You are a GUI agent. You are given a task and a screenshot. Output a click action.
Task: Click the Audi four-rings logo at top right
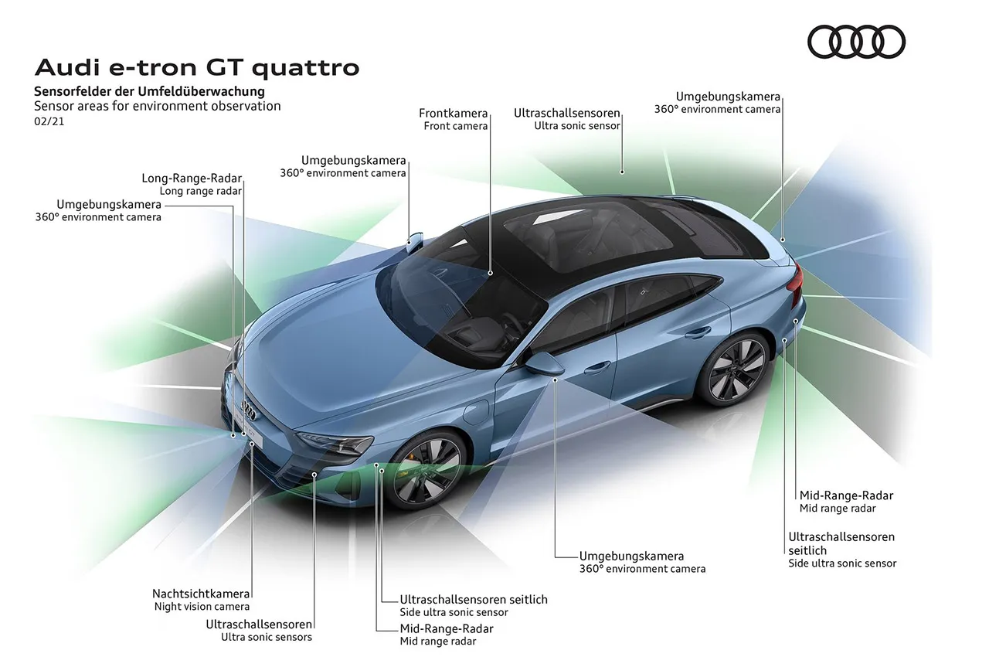pos(856,42)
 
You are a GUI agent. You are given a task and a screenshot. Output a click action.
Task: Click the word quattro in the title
pos(305,68)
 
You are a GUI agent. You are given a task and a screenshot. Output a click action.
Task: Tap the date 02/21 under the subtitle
pos(49,121)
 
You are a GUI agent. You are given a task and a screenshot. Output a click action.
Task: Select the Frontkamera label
pos(453,113)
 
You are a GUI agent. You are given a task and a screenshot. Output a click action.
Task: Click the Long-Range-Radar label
pos(192,178)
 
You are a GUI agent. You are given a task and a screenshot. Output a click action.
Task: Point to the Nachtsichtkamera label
pos(201,594)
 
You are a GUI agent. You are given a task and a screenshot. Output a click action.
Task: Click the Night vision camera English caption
pos(202,607)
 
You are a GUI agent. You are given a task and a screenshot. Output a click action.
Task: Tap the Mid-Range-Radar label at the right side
pos(846,495)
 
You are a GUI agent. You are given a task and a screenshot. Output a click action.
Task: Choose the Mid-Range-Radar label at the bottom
pos(447,628)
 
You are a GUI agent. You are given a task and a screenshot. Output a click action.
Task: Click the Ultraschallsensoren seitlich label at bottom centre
pos(474,599)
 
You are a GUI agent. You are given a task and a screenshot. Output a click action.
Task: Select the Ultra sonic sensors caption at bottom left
pos(267,637)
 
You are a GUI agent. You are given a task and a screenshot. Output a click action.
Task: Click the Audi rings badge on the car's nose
pos(249,410)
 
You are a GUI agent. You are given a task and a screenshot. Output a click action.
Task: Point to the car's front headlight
pos(335,442)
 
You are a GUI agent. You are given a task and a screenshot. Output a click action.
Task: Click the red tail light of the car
pos(796,282)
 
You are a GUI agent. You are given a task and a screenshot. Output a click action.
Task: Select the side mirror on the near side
pos(544,364)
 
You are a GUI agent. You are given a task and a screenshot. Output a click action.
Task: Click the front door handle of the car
pos(597,367)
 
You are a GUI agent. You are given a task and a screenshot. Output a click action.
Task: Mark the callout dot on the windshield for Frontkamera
pos(490,274)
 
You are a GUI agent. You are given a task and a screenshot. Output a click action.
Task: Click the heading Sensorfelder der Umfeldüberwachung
pos(149,91)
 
